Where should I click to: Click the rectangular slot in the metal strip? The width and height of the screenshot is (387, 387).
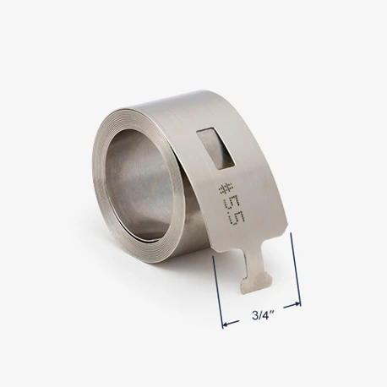216,148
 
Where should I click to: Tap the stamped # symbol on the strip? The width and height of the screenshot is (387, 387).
226,188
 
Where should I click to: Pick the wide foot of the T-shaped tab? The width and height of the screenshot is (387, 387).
257,284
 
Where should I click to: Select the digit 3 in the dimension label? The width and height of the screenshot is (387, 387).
255,315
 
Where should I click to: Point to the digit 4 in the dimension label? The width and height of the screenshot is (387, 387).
266,315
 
